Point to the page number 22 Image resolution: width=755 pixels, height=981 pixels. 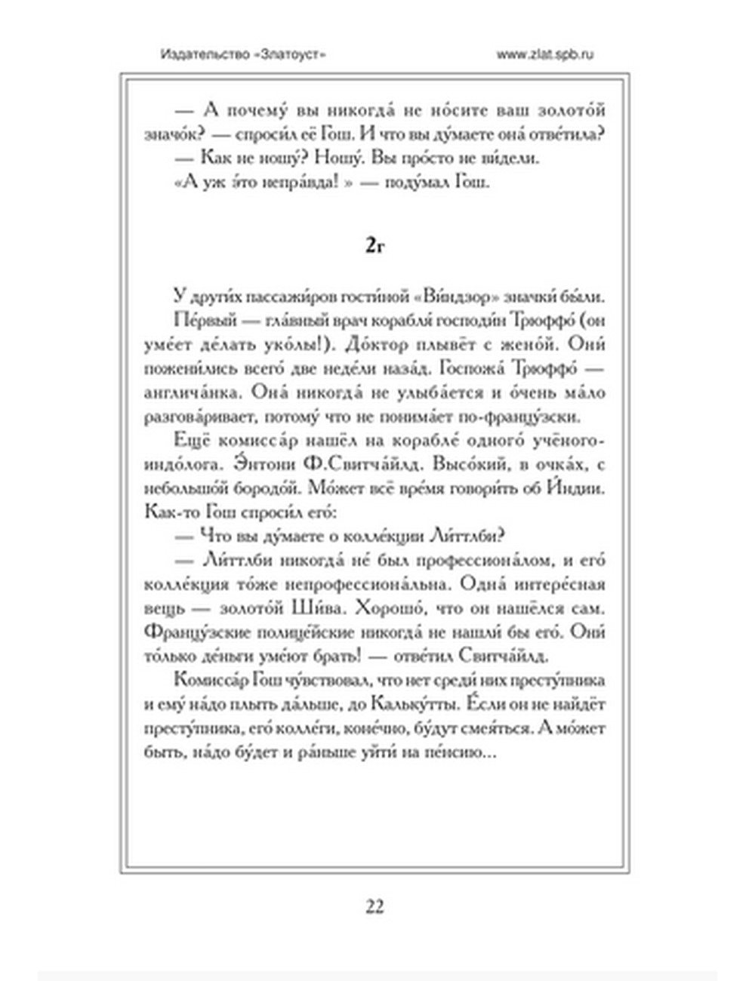click(x=375, y=906)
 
